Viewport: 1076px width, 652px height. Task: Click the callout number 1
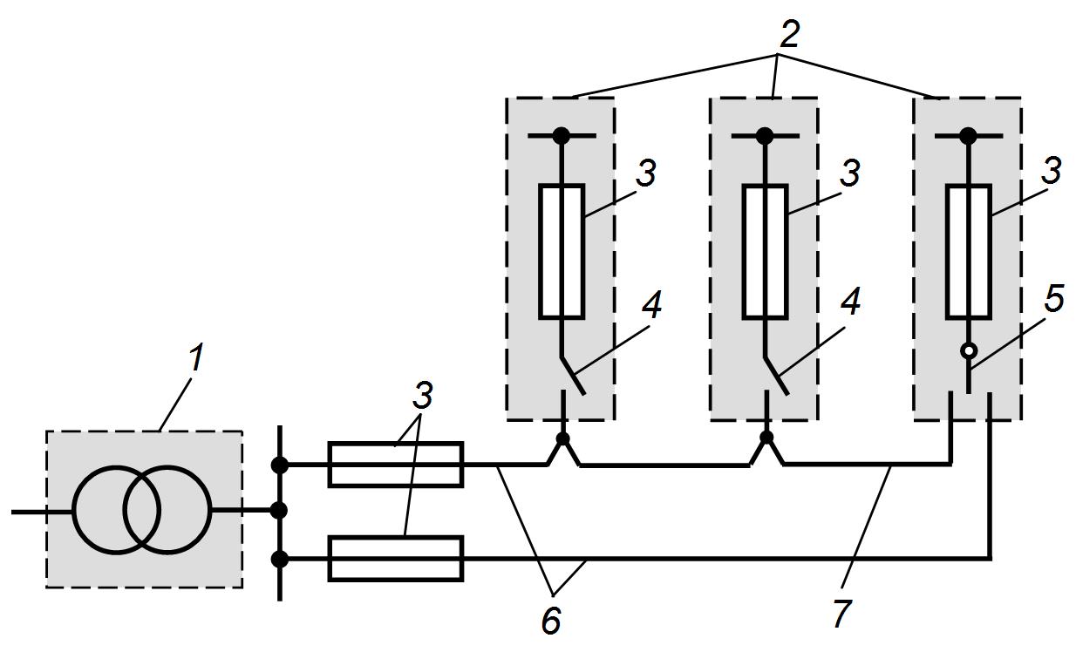click(x=195, y=357)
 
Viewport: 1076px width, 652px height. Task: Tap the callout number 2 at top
click(x=788, y=34)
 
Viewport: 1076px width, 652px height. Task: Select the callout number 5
click(x=1053, y=301)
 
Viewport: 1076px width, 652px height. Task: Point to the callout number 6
click(x=550, y=621)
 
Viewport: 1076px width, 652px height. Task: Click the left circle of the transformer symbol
click(x=116, y=511)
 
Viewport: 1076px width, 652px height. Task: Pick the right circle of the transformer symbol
click(x=167, y=511)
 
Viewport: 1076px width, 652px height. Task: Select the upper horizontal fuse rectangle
click(x=396, y=465)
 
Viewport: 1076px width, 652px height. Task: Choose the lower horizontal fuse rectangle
click(x=396, y=559)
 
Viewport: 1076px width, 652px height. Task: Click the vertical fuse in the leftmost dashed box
click(x=562, y=252)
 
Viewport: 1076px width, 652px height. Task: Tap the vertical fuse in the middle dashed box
click(x=766, y=252)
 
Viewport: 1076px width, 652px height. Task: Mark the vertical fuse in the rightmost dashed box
click(x=969, y=252)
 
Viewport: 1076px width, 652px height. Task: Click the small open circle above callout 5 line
click(x=969, y=351)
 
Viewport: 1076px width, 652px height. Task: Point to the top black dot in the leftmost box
click(x=561, y=136)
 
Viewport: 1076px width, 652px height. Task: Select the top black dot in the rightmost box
click(x=969, y=136)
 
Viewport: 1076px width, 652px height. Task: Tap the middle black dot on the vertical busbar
click(x=279, y=511)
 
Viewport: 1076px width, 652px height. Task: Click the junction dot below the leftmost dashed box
click(x=562, y=438)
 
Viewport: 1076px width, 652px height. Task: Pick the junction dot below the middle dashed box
click(x=766, y=438)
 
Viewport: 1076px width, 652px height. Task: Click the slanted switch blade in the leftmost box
click(x=573, y=376)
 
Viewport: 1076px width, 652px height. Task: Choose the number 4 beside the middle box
click(x=849, y=302)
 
